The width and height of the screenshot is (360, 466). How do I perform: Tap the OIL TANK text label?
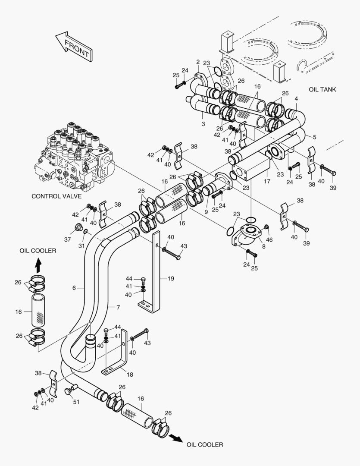[322, 90]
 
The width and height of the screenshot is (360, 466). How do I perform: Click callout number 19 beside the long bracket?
[171, 279]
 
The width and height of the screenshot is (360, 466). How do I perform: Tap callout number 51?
[76, 402]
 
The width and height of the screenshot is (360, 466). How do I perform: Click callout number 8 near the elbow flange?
[263, 246]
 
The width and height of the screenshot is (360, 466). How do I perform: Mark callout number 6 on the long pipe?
[74, 287]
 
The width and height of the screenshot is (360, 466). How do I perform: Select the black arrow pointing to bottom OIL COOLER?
[175, 438]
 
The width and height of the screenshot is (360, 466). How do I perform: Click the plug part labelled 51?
[68, 391]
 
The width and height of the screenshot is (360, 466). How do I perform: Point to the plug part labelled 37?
[78, 227]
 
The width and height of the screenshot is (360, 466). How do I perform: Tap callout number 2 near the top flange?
[197, 62]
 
